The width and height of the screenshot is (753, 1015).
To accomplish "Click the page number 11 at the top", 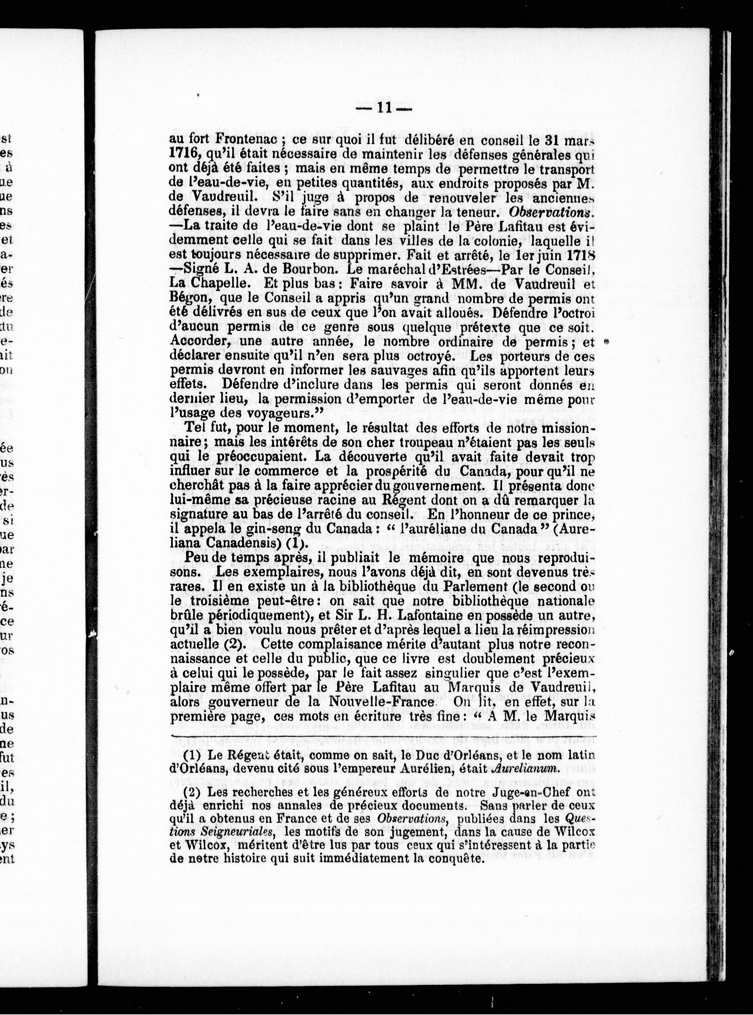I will [383, 109].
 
